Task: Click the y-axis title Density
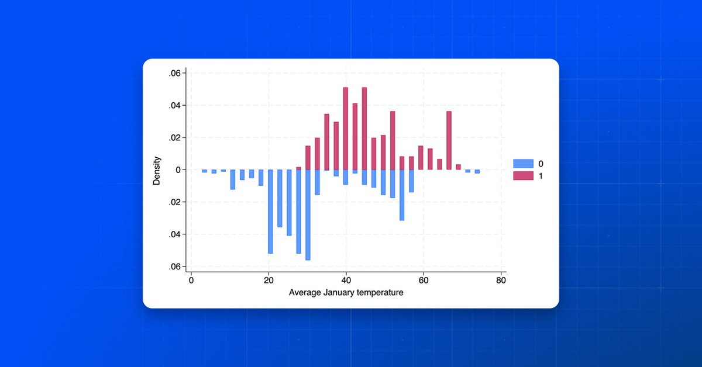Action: (x=157, y=170)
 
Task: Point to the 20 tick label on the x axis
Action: (x=269, y=280)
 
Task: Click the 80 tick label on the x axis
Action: (x=501, y=280)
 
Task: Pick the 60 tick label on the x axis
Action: (x=423, y=280)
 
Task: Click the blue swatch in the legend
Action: (x=523, y=164)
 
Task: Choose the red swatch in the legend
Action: (x=523, y=176)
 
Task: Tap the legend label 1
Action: (x=541, y=176)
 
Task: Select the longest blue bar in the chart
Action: (x=308, y=214)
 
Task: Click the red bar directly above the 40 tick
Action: (x=346, y=129)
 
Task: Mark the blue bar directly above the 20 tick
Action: (x=270, y=211)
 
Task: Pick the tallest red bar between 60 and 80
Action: (x=449, y=140)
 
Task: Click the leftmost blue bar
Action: (x=205, y=171)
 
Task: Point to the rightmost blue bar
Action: (x=477, y=172)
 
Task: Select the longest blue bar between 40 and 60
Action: (x=402, y=195)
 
